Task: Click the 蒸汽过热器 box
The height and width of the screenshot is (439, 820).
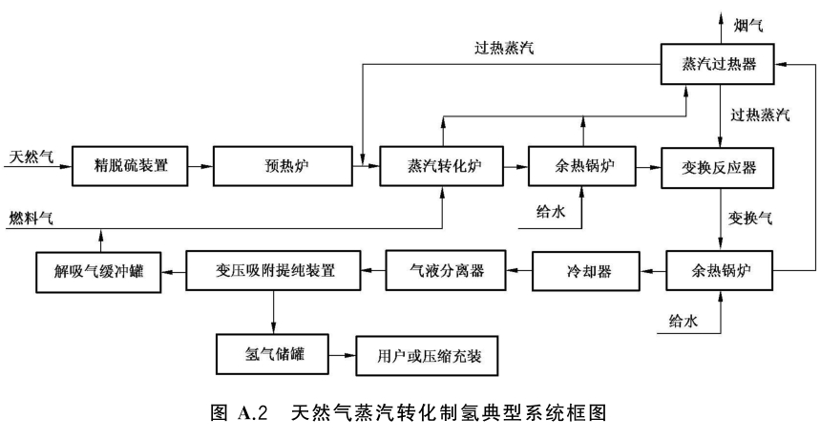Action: coord(720,65)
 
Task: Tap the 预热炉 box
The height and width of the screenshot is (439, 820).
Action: coord(278,166)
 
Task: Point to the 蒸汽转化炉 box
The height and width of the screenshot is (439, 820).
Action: coord(442,166)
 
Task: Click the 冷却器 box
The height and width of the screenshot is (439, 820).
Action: coord(583,271)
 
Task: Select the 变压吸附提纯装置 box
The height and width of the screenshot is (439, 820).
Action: coord(275,271)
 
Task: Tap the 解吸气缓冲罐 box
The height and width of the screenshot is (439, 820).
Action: coord(98,271)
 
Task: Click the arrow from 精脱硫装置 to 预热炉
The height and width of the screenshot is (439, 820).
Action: coord(201,167)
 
